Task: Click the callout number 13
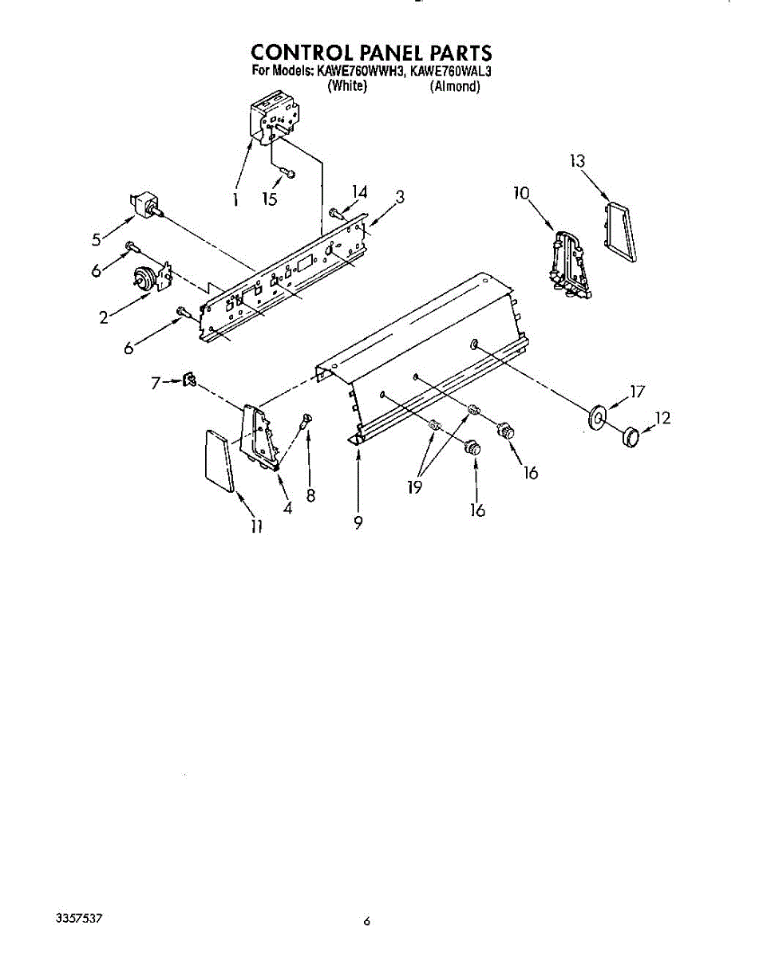(x=577, y=161)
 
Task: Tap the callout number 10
(x=521, y=193)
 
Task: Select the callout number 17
(x=636, y=392)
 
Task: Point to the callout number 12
(x=662, y=417)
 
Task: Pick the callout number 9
(x=358, y=522)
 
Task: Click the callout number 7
(x=156, y=383)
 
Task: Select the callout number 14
(x=360, y=191)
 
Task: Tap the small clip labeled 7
(x=189, y=380)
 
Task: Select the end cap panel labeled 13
(x=620, y=231)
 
